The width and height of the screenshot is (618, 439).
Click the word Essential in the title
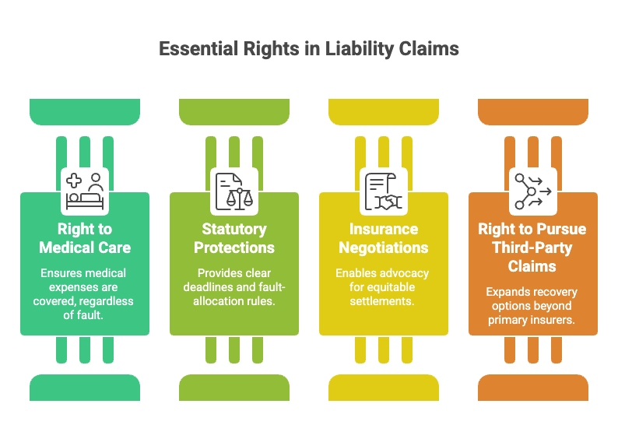coord(198,49)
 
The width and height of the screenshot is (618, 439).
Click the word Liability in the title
coord(360,50)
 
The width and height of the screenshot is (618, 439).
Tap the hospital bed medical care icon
coord(85,191)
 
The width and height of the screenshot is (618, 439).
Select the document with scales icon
coord(234,191)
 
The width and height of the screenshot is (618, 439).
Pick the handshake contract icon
coord(384,191)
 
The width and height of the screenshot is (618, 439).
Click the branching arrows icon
coord(533,191)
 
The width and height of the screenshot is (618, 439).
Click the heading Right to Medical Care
coord(85,238)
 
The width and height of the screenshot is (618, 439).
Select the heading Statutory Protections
coord(234,238)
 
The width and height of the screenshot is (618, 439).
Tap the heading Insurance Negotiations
coord(384,238)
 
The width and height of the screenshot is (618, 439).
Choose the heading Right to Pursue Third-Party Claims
coord(532,248)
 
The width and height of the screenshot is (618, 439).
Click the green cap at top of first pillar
coord(85,112)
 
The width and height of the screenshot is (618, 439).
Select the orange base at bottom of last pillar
coord(533,388)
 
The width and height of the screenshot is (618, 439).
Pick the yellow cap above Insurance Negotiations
coord(384,112)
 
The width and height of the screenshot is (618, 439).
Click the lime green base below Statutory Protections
coord(234,388)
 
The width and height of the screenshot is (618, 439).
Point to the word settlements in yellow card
coord(382,301)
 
